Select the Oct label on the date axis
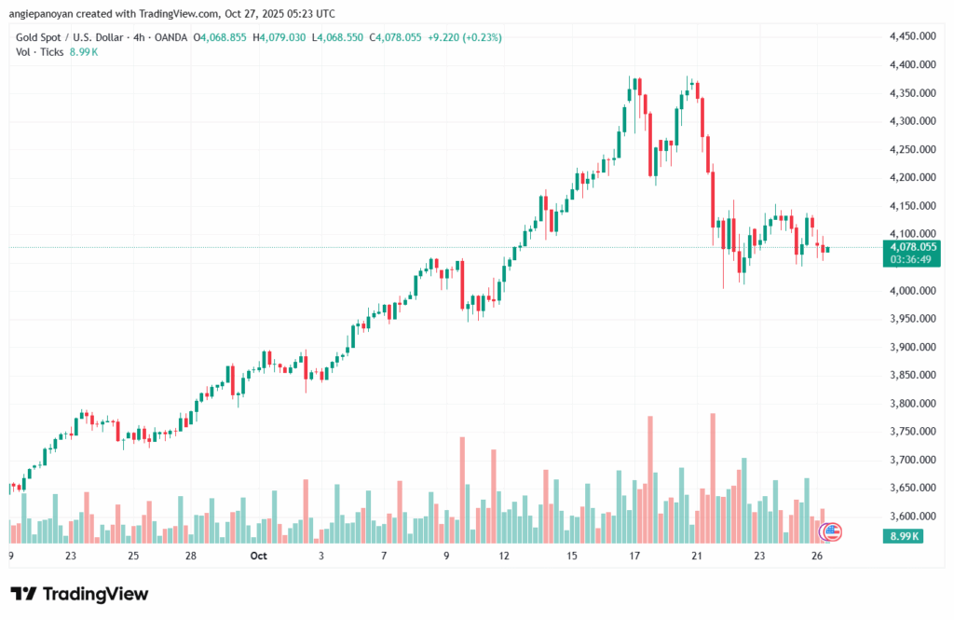click(259, 556)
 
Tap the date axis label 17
click(634, 556)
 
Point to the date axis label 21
click(696, 556)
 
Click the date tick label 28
click(190, 556)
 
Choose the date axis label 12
click(504, 556)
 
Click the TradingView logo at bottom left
click(79, 594)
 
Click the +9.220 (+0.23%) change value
click(462, 37)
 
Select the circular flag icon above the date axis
click(829, 532)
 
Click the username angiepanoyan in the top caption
click(46, 14)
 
